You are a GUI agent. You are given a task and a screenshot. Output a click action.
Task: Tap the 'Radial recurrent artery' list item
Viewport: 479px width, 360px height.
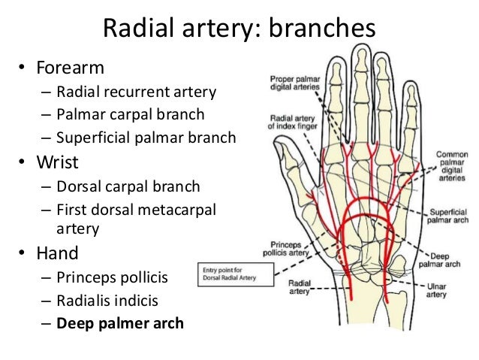(x=136, y=92)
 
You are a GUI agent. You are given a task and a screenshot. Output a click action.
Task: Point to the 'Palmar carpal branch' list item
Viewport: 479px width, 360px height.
(x=129, y=115)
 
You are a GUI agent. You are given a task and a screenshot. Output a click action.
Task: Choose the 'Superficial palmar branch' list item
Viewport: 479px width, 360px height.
(x=146, y=138)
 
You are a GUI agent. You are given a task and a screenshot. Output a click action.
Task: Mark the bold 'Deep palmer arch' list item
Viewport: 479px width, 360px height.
(x=120, y=324)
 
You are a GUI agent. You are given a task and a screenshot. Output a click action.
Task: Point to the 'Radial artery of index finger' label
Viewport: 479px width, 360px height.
(x=290, y=123)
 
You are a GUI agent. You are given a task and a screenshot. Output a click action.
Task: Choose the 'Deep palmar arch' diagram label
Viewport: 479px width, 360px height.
(x=443, y=259)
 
